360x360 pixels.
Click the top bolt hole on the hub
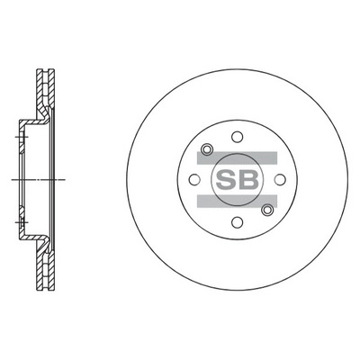pyautogui.click(x=238, y=137)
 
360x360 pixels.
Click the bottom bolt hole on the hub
pyautogui.click(x=238, y=222)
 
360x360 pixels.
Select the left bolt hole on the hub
pyautogui.click(x=194, y=180)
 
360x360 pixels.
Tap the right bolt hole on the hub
pyautogui.click(x=280, y=180)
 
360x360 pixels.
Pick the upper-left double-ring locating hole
pyautogui.click(x=207, y=149)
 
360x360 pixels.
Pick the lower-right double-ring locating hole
pyautogui.click(x=267, y=210)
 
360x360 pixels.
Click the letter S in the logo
pyautogui.click(x=226, y=180)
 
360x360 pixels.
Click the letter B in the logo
pyautogui.click(x=247, y=180)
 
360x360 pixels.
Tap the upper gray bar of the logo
pyautogui.click(x=237, y=158)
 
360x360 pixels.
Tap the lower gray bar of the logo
pyautogui.click(x=237, y=201)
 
